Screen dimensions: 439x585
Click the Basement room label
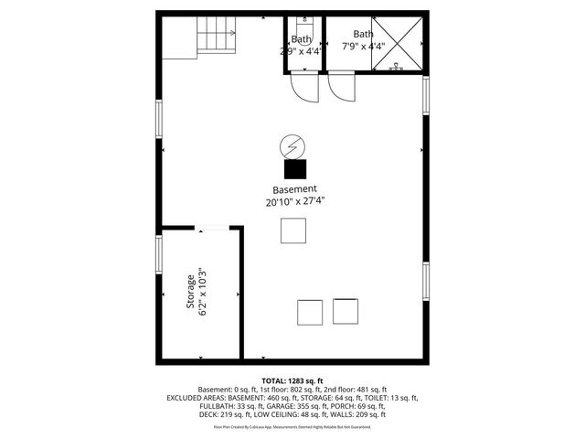tap(294, 189)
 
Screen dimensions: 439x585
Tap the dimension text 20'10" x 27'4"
tap(294, 201)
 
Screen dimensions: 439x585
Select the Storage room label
tap(191, 293)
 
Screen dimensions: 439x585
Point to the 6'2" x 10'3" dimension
tap(203, 293)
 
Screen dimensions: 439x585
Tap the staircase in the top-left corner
tap(217, 38)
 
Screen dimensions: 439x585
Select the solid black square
tap(294, 169)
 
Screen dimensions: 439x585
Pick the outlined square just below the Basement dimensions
tap(293, 231)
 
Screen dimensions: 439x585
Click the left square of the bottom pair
tap(310, 312)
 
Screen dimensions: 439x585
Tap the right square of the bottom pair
tap(345, 311)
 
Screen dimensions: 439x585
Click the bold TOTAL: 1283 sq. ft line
tap(292, 380)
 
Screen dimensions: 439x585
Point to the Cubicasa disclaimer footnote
tap(292, 426)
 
